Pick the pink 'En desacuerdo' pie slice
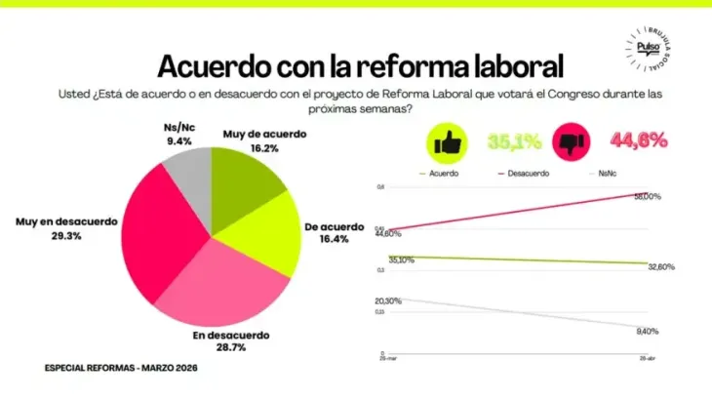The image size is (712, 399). pyautogui.click(x=234, y=284)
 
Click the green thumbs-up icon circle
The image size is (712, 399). pyautogui.click(x=446, y=144)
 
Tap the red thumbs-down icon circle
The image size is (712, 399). pyautogui.click(x=571, y=144)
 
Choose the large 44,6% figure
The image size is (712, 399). pyautogui.click(x=639, y=141)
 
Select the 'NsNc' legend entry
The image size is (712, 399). pyautogui.click(x=609, y=173)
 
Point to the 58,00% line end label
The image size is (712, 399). pyautogui.click(x=647, y=196)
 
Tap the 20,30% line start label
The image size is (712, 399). pyautogui.click(x=388, y=300)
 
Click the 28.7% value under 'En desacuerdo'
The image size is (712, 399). pyautogui.click(x=230, y=346)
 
